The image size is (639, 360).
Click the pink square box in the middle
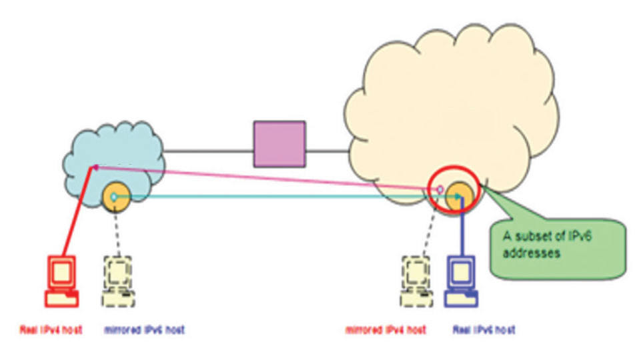[x=279, y=144]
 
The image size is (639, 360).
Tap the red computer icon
[x=61, y=281]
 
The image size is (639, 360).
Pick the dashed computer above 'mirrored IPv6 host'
[x=119, y=281]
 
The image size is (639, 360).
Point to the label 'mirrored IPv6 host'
[x=145, y=330]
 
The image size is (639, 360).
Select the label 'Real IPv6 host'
[x=484, y=330]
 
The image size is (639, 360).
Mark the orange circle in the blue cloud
[x=115, y=197]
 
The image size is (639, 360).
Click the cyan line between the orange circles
[x=280, y=197]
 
